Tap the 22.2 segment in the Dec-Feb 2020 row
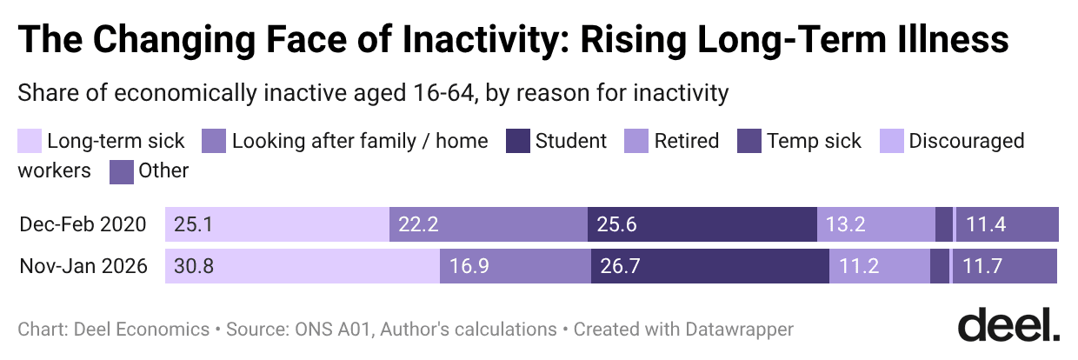pos(488,224)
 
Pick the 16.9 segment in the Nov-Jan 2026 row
pos(515,266)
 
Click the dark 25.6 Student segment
pos(702,224)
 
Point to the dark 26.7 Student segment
pos(709,266)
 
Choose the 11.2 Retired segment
pos(879,266)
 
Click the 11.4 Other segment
pos(1007,224)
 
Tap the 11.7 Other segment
pos(1004,266)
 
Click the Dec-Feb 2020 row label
pos(83,225)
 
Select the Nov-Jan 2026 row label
pos(83,266)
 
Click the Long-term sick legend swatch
pos(30,141)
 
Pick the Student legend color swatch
pos(518,141)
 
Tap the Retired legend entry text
pos(686,141)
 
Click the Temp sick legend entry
pos(814,141)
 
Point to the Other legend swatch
pos(121,170)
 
